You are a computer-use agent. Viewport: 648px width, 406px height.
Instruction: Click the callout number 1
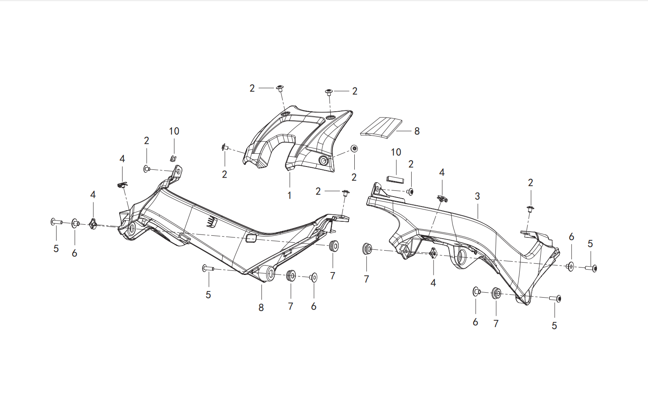click(x=289, y=196)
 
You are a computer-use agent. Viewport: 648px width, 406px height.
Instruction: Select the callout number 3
click(x=477, y=196)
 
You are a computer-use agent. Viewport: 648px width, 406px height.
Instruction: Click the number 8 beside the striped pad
click(x=417, y=131)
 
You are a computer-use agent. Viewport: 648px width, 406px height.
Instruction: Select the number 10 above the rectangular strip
click(x=396, y=152)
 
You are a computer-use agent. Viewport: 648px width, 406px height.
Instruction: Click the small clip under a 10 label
click(x=173, y=158)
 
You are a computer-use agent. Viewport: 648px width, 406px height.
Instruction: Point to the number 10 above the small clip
click(x=174, y=131)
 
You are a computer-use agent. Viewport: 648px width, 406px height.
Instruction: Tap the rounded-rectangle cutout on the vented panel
click(x=251, y=238)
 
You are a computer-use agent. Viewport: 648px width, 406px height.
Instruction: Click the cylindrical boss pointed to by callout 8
click(x=267, y=273)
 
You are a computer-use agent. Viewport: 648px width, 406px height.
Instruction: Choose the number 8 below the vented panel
click(x=261, y=307)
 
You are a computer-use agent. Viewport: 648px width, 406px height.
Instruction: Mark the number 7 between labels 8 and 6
click(x=290, y=306)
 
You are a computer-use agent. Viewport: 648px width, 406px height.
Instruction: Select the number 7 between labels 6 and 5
click(x=496, y=324)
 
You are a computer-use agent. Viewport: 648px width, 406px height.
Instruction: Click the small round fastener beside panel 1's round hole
click(x=354, y=149)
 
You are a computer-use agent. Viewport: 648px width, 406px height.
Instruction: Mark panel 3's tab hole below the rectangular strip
click(x=377, y=190)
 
